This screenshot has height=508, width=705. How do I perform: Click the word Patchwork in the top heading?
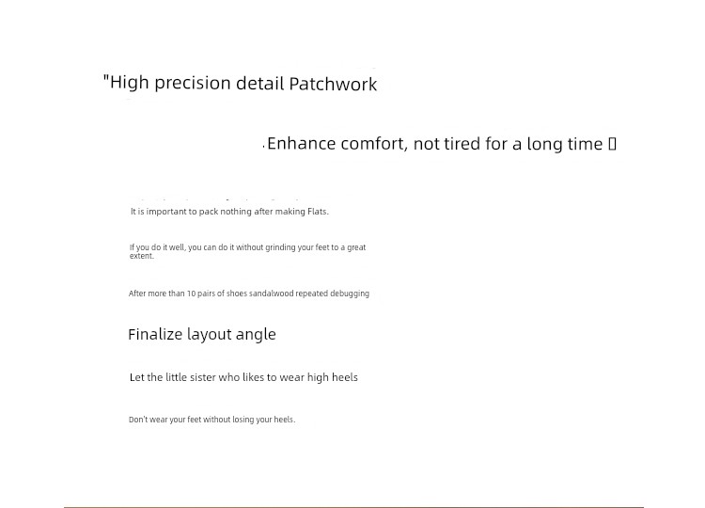click(333, 84)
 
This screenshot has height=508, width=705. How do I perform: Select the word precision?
click(193, 84)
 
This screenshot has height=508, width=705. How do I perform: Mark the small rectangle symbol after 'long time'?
click(612, 144)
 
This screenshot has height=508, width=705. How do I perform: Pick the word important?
click(166, 212)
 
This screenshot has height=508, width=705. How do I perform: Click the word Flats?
click(318, 212)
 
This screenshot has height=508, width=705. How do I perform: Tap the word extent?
click(142, 256)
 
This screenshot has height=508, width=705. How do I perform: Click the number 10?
click(191, 294)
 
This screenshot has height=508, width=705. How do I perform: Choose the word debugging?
click(350, 294)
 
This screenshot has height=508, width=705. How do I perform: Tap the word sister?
click(203, 377)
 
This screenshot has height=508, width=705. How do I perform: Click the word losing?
click(243, 420)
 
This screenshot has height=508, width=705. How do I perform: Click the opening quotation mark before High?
click(106, 78)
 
